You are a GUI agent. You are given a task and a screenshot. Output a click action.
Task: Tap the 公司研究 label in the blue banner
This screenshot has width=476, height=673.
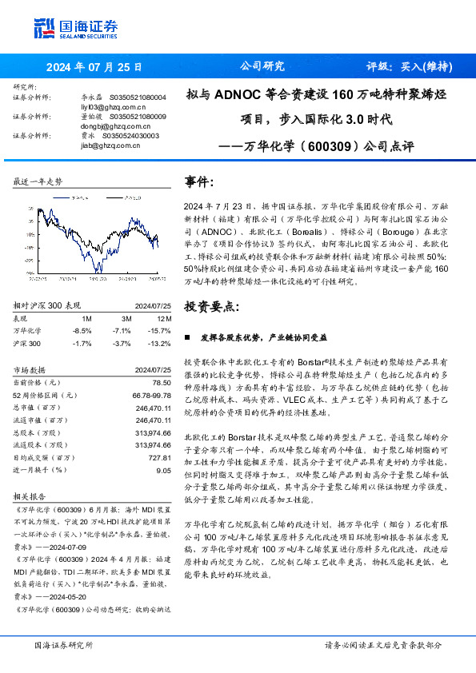pos(262,66)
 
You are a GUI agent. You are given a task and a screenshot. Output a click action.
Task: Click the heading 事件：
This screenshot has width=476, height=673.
pos(199,183)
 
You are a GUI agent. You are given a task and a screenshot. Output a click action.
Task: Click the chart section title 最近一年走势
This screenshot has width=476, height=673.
pos(38,182)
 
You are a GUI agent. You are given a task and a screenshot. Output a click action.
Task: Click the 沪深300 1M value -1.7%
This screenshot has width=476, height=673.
pos(82,343)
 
